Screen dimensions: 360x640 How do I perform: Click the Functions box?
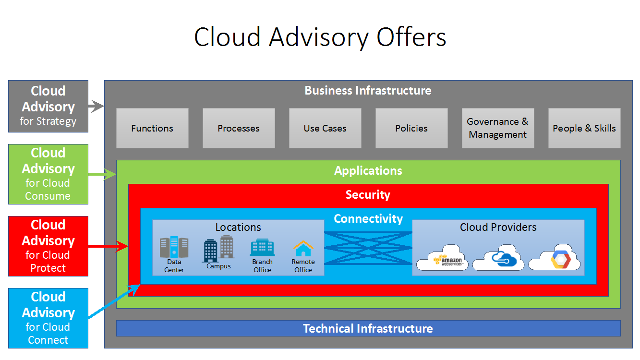click(x=152, y=128)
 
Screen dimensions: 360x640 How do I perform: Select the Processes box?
click(x=239, y=128)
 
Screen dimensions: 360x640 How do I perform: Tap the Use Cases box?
click(x=325, y=128)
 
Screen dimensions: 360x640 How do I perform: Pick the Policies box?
click(x=411, y=128)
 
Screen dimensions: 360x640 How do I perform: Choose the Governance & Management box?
click(x=498, y=128)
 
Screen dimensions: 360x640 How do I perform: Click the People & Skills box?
click(x=584, y=128)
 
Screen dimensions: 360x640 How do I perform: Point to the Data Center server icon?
click(x=174, y=247)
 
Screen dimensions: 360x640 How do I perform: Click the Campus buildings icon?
click(x=218, y=249)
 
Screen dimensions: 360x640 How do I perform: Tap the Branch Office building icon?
click(x=262, y=248)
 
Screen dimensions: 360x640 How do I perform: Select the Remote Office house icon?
click(x=303, y=249)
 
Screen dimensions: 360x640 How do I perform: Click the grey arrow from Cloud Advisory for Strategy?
click(x=97, y=107)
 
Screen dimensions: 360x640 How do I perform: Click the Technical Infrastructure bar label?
click(x=368, y=328)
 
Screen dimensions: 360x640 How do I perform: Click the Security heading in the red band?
click(x=368, y=194)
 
